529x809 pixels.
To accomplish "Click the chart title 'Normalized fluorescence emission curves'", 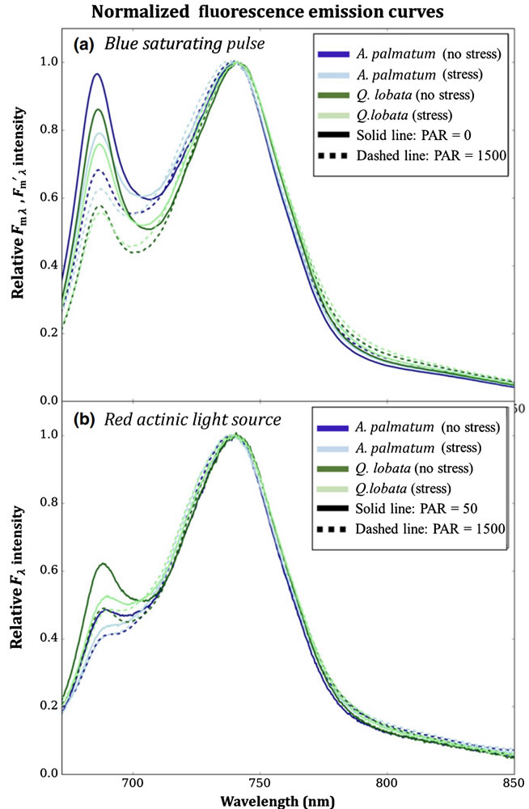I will tap(264, 12).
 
